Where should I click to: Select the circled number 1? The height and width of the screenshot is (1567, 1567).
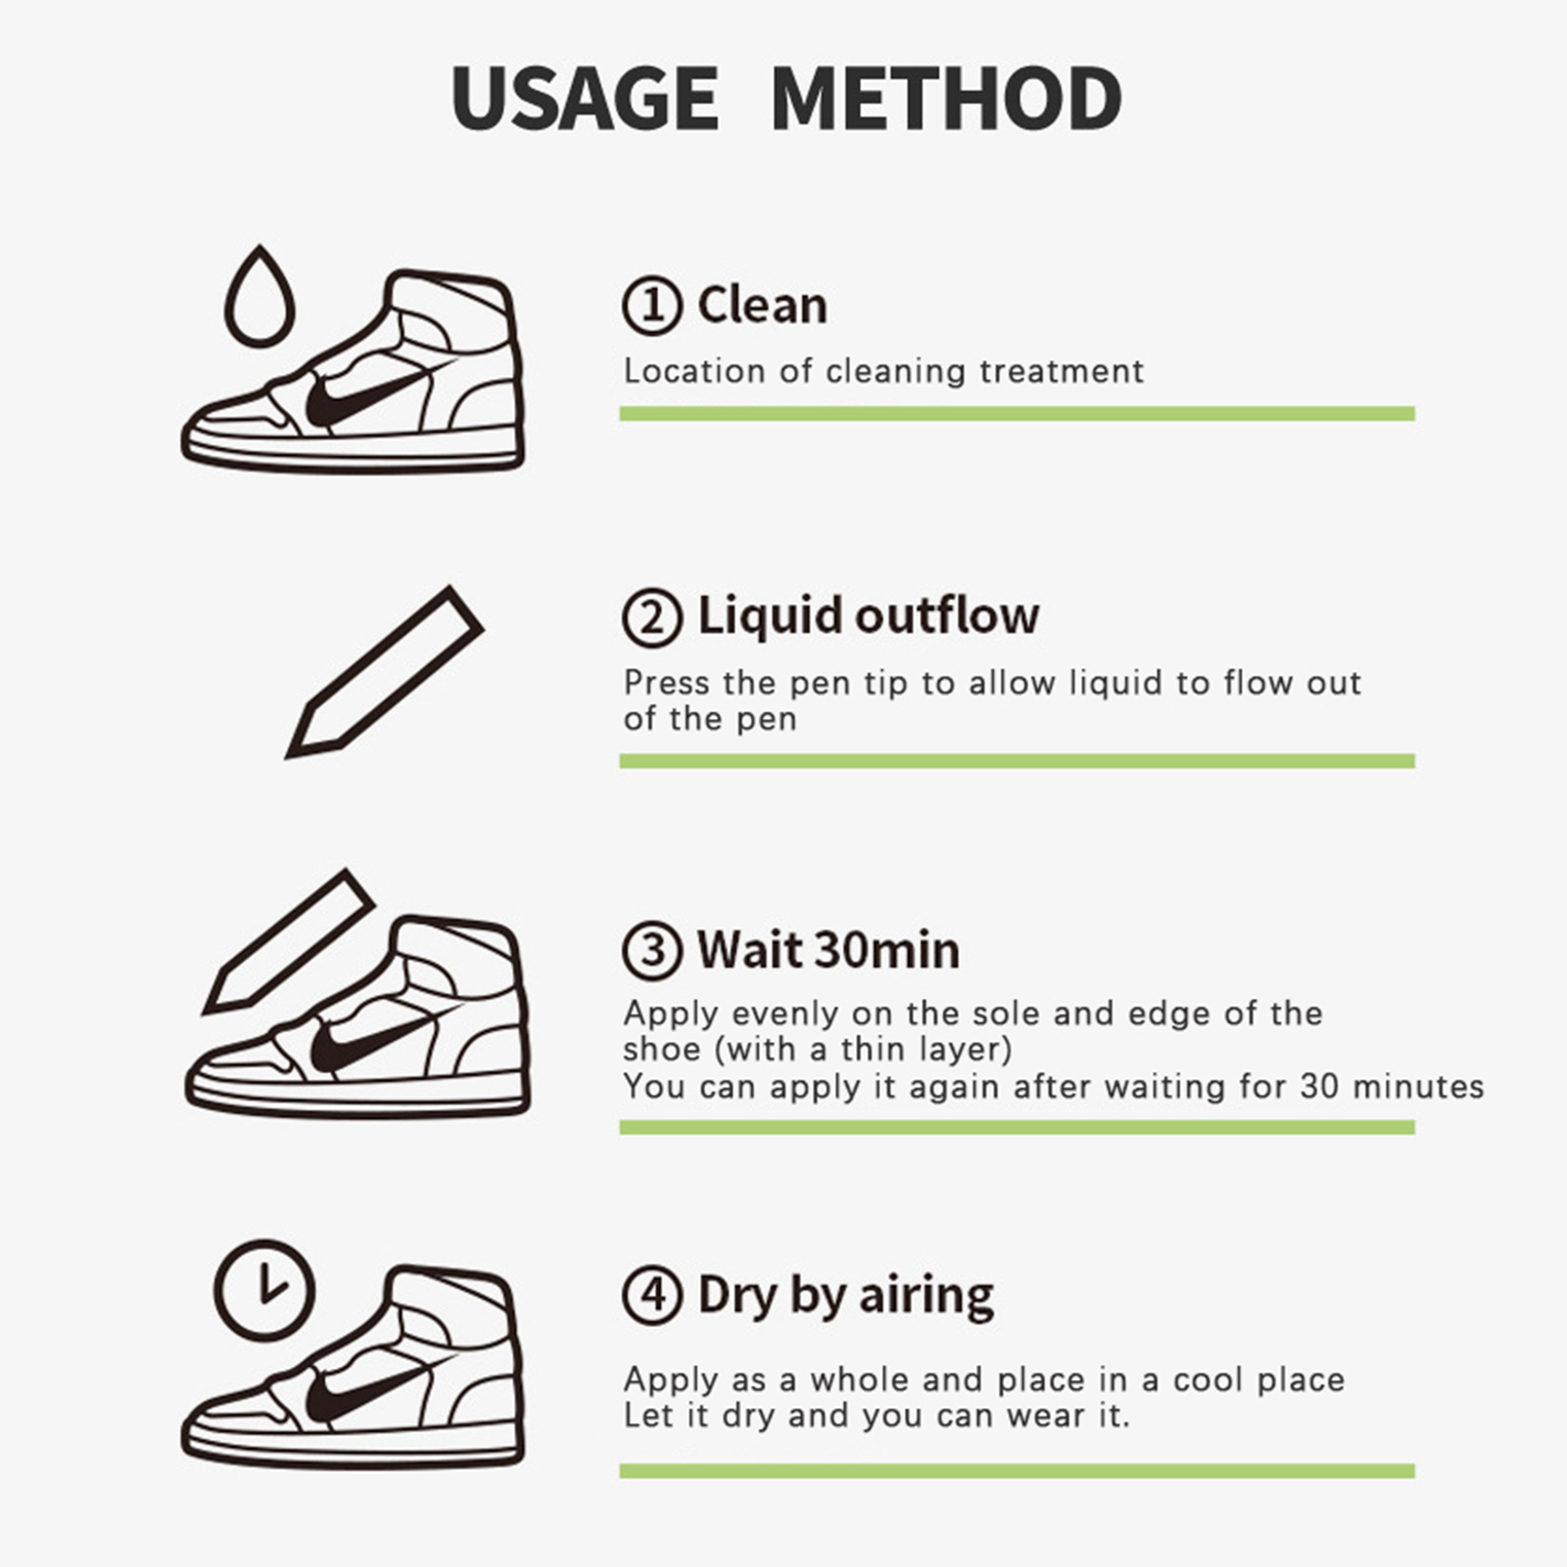[651, 305]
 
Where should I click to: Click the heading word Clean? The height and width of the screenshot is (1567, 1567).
[762, 305]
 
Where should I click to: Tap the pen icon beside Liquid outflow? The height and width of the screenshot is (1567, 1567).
[384, 672]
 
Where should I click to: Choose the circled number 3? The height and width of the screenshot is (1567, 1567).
[651, 950]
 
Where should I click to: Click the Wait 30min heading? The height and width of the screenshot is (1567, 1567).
[829, 950]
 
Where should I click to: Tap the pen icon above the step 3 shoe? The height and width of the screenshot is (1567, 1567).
[289, 941]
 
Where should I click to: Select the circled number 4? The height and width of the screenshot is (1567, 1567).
[651, 1295]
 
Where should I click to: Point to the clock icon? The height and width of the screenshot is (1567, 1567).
[264, 1289]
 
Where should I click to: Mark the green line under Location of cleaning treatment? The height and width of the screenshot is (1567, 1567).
[1017, 413]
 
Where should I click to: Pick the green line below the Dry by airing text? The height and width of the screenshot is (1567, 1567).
[1017, 1470]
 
